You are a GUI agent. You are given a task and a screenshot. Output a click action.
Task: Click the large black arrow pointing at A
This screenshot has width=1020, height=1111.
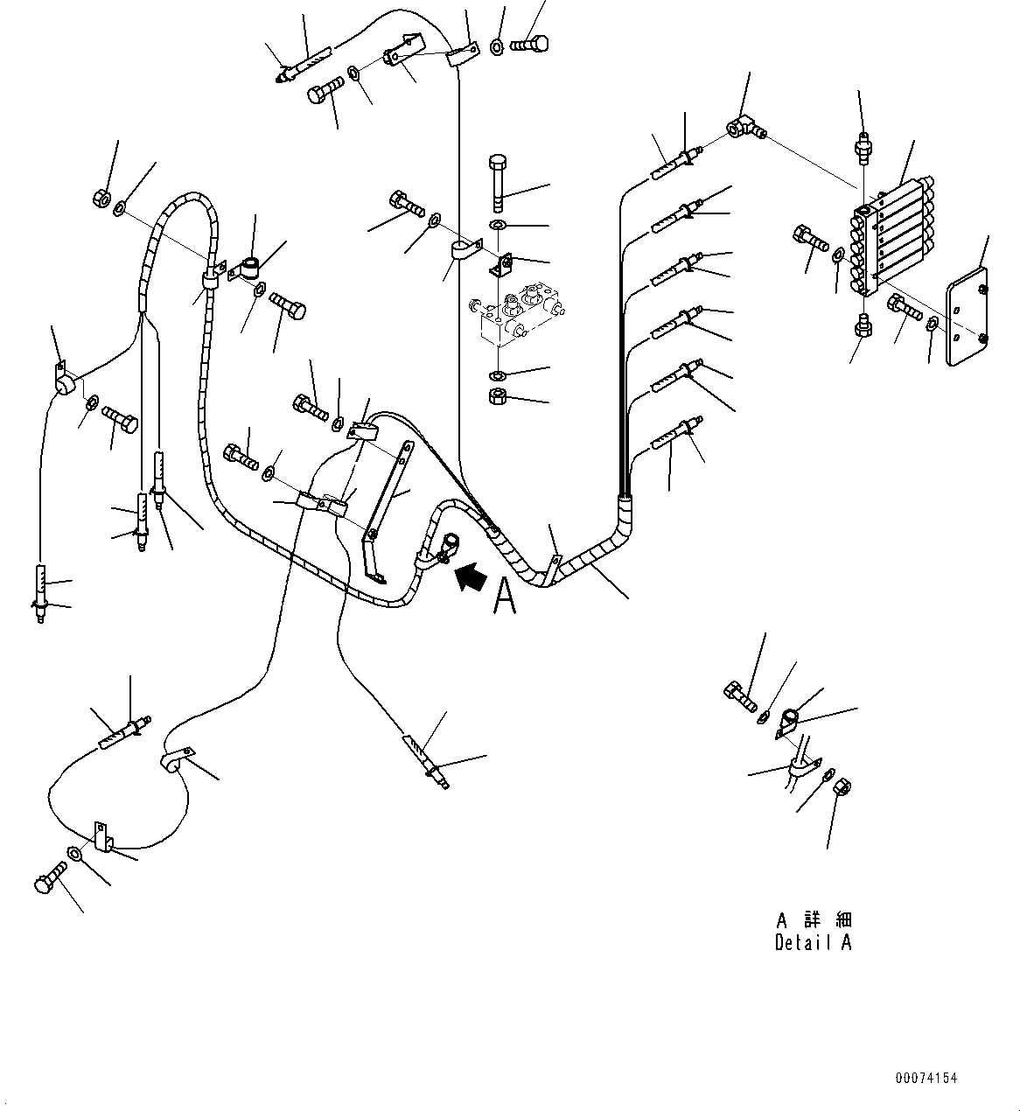click(x=468, y=577)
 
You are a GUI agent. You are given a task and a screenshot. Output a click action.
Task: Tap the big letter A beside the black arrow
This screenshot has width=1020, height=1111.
click(x=505, y=597)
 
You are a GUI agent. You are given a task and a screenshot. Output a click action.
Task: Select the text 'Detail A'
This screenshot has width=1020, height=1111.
click(x=813, y=943)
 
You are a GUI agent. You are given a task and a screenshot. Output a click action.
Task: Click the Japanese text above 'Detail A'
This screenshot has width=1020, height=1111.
click(x=813, y=920)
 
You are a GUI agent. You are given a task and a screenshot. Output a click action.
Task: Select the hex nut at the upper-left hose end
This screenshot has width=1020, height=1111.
click(x=101, y=199)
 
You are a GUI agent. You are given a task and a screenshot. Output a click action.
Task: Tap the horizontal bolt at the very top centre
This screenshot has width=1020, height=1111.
click(x=530, y=42)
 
